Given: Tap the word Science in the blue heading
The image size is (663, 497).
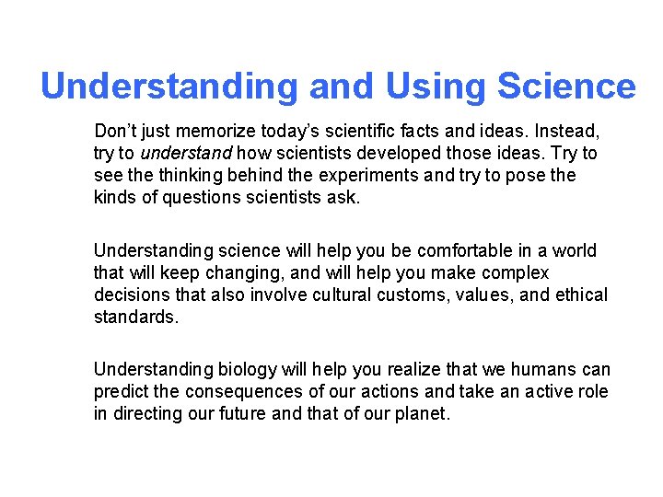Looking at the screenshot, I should point(566,87).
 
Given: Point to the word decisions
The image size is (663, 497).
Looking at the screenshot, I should point(130,295).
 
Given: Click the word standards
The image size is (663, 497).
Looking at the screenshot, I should point(134,318).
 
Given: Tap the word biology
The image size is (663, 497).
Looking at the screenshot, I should point(248,370).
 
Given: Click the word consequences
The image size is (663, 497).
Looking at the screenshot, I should point(244,392).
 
